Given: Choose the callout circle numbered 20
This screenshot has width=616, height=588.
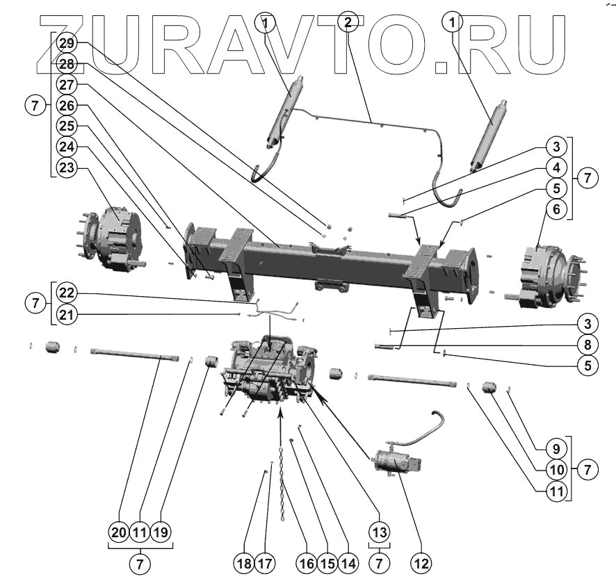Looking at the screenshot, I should point(118,533).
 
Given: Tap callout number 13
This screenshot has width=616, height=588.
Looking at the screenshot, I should point(378,533).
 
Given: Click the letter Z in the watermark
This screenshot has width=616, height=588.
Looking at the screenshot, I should point(67,43).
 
